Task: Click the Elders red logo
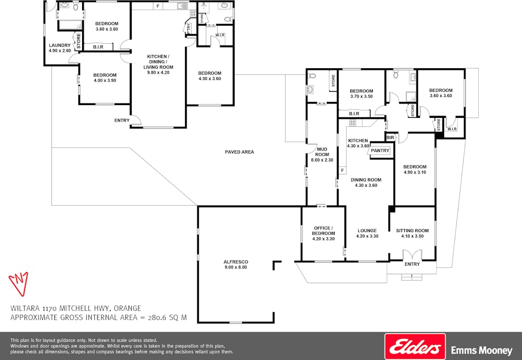(415, 346)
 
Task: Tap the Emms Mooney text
(482, 351)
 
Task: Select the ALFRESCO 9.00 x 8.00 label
(236, 265)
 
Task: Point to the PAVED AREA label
(239, 152)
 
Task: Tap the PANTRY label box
(380, 151)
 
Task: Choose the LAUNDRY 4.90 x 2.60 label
(59, 48)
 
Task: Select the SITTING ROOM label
(412, 233)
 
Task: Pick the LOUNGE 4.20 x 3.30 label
(367, 233)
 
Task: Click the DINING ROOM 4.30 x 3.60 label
(366, 182)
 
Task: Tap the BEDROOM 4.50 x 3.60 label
(210, 76)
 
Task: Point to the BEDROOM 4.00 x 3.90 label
(105, 78)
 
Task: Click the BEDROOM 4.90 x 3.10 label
(415, 169)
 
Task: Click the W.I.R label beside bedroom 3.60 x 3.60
(452, 129)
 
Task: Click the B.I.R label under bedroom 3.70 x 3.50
(354, 114)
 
